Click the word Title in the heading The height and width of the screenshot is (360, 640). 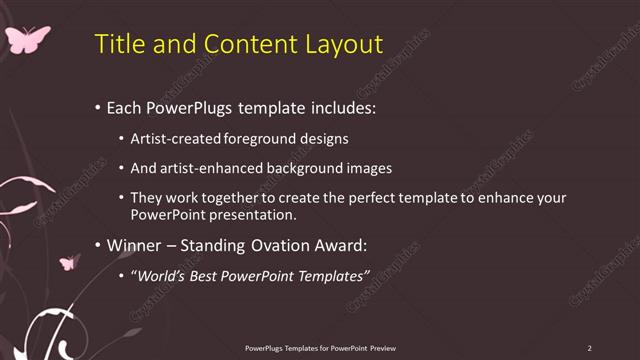(118, 44)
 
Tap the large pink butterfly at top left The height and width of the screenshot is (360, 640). (27, 39)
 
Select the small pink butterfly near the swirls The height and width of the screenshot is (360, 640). (69, 263)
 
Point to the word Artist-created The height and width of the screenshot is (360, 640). (173, 138)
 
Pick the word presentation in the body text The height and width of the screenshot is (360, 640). (250, 214)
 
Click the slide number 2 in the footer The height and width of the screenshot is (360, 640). (589, 348)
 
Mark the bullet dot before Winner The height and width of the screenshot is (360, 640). (96, 244)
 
